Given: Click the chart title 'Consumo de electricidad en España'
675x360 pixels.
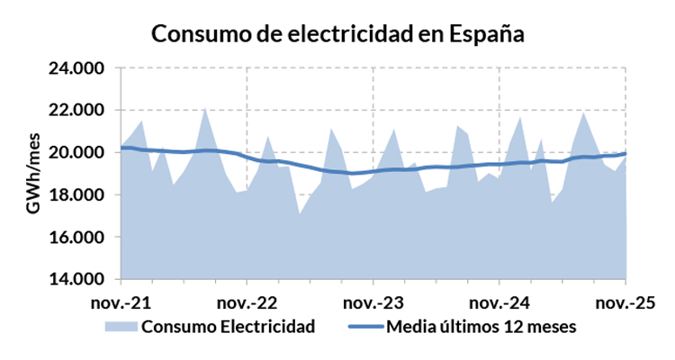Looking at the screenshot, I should point(337,33).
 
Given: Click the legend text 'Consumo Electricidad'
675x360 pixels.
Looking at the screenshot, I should point(228,326).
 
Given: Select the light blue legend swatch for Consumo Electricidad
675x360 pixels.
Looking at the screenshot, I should point(121,326).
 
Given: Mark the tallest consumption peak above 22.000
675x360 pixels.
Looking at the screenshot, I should point(205,108).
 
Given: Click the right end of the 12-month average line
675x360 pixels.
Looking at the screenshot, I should point(625,153).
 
